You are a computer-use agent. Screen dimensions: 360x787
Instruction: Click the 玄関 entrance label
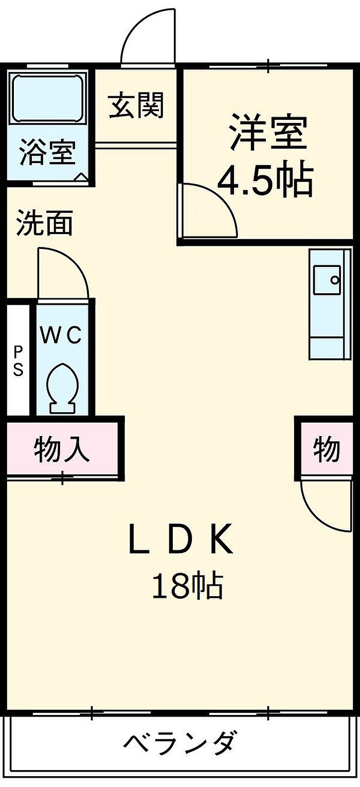click(x=136, y=105)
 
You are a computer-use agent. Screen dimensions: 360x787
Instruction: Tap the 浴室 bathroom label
click(x=48, y=152)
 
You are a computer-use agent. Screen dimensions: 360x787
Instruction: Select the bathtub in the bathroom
click(x=48, y=98)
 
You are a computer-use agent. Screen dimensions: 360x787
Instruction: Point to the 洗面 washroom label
click(x=45, y=222)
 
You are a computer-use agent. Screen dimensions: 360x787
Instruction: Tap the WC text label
click(x=61, y=335)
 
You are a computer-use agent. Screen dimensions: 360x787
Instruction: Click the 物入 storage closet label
click(x=62, y=450)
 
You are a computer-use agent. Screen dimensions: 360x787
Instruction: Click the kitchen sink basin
click(x=327, y=280)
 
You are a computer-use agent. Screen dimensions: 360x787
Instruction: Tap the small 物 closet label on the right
click(x=327, y=450)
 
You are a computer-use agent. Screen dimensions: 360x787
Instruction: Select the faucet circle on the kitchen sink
click(x=335, y=280)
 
